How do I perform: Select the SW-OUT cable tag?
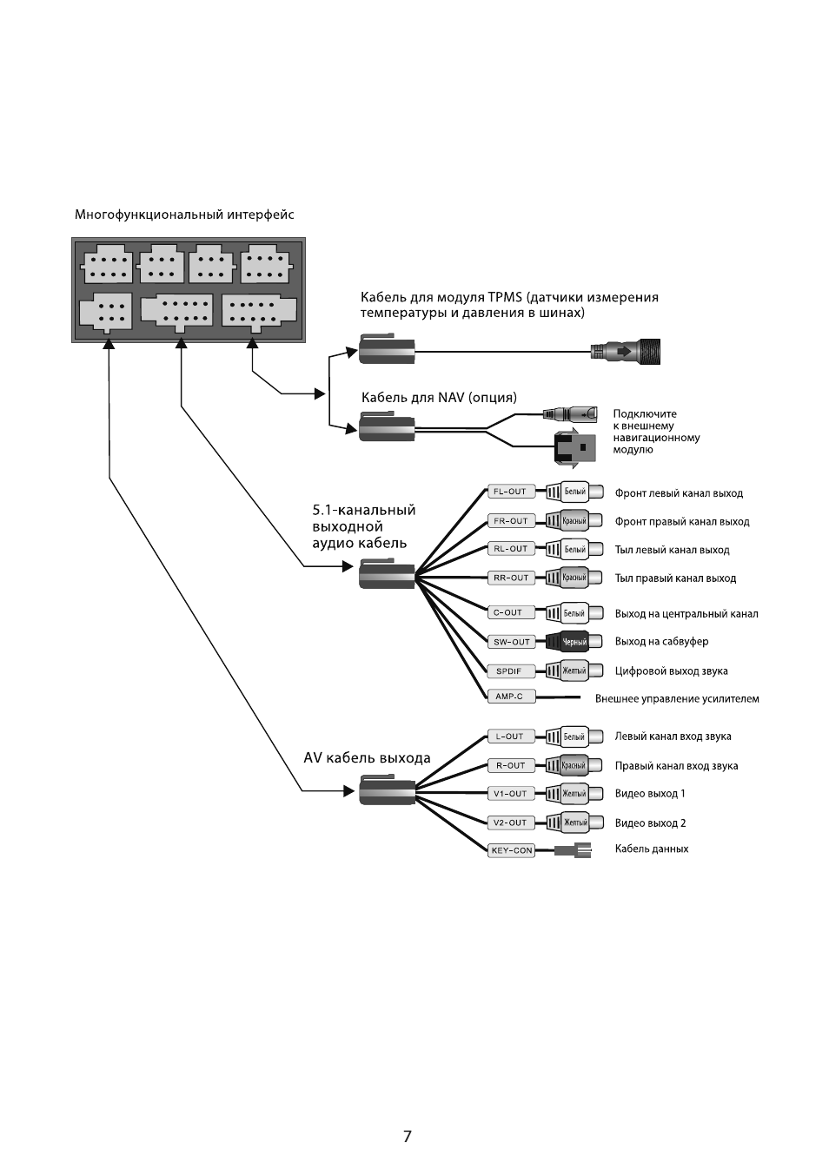(x=511, y=642)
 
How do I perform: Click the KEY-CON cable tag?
(x=511, y=850)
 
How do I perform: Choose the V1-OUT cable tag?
(x=511, y=794)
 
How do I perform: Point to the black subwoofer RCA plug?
(x=574, y=642)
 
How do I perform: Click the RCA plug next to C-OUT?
(x=574, y=612)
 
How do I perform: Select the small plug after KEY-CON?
(x=574, y=850)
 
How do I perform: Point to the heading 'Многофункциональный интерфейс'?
(x=184, y=215)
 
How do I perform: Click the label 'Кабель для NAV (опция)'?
(x=439, y=398)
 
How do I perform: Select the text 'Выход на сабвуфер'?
(x=661, y=642)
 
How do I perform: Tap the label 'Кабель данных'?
(x=652, y=849)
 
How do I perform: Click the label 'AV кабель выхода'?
(x=367, y=758)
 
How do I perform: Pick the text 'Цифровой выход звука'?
(x=671, y=671)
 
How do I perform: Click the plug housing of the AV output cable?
(x=387, y=790)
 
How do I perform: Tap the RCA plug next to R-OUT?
(x=574, y=765)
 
